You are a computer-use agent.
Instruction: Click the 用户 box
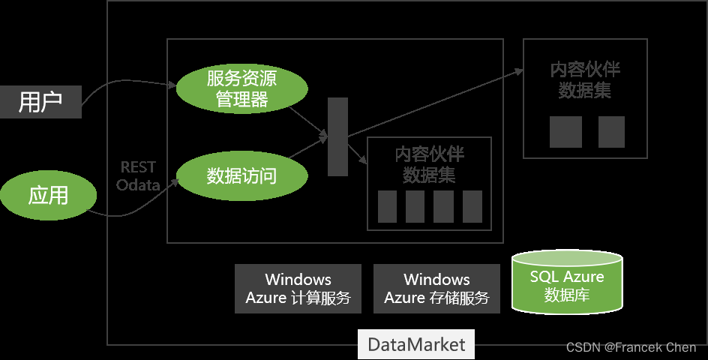[40, 102]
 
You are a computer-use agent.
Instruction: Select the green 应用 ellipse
[49, 196]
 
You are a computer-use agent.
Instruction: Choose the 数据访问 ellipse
[241, 176]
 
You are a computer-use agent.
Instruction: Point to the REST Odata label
[138, 176]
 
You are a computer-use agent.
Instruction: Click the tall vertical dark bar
[337, 137]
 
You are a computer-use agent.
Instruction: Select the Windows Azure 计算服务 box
[298, 289]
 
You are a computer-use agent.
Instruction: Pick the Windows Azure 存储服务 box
[436, 289]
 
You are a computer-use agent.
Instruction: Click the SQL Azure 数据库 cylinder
[567, 283]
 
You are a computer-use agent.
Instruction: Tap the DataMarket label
[416, 344]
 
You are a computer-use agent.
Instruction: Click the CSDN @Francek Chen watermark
[631, 347]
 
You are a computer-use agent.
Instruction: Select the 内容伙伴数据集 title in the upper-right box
[585, 80]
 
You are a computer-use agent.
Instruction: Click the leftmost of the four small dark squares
[387, 206]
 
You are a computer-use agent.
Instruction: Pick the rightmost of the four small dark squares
[472, 206]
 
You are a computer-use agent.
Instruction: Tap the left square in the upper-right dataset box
[565, 132]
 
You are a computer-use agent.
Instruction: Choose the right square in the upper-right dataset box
[611, 132]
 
